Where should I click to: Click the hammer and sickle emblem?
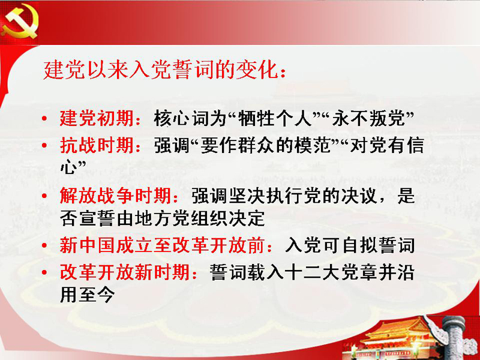pyautogui.click(x=20, y=22)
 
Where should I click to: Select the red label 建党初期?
pyautogui.click(x=97, y=118)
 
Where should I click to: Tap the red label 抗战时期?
pyautogui.click(x=97, y=145)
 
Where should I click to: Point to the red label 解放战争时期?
pyautogui.click(x=115, y=195)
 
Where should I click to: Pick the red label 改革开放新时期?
pyautogui.click(x=124, y=272)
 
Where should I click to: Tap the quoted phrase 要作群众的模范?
pyautogui.click(x=266, y=145)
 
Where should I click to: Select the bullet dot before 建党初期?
pyautogui.click(x=44, y=118)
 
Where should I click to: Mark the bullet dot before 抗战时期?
pyautogui.click(x=44, y=145)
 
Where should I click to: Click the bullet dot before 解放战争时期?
pyautogui.click(x=44, y=196)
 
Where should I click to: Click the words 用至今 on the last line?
pyautogui.click(x=87, y=295)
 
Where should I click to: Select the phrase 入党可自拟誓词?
pyautogui.click(x=350, y=245)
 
